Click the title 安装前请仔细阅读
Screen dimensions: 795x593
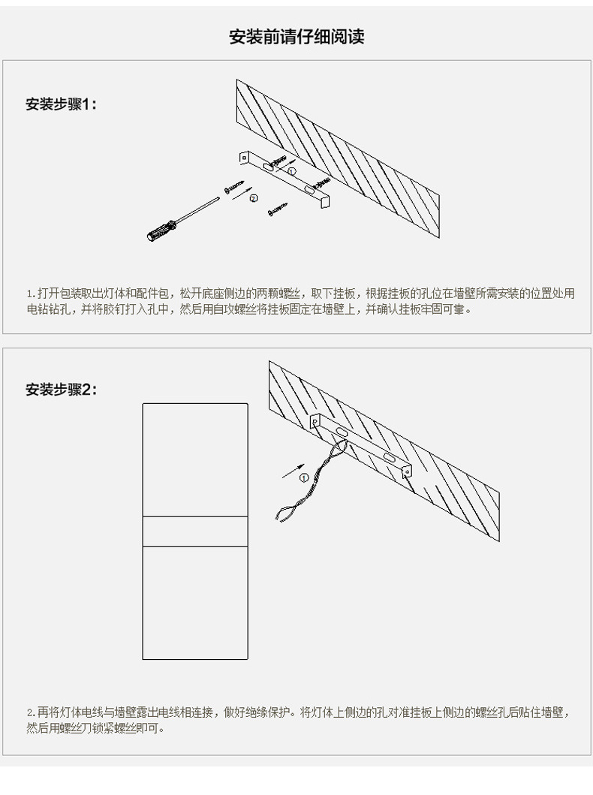coord(296,37)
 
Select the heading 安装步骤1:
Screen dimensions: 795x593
coord(62,104)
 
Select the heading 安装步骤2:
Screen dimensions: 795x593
coord(62,390)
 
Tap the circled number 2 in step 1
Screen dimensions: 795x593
coord(254,198)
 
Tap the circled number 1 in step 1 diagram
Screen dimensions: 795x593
coord(292,172)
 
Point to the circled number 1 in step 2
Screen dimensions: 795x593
coord(303,477)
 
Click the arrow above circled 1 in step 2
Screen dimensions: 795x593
coord(290,471)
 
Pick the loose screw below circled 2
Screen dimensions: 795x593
coord(276,211)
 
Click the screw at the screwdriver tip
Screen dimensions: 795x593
coord(234,186)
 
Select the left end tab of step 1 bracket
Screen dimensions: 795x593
coord(244,158)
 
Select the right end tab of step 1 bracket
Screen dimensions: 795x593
coord(324,201)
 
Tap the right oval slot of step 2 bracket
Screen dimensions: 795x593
coord(391,457)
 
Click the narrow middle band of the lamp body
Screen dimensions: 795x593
coord(195,531)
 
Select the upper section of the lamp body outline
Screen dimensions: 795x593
coord(195,459)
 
